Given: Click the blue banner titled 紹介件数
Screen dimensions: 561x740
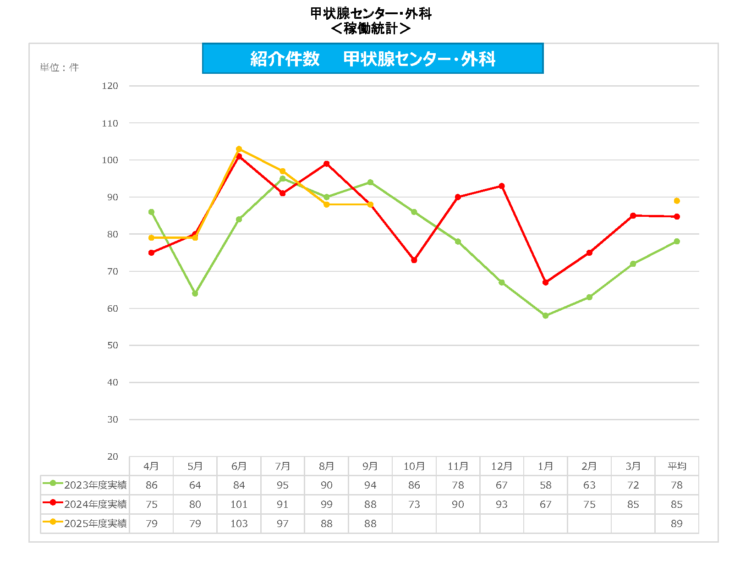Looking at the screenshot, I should pyautogui.click(x=373, y=59).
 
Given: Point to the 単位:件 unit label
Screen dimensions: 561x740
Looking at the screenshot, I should pyautogui.click(x=59, y=67).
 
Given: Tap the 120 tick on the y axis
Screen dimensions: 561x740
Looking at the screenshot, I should pyautogui.click(x=110, y=86).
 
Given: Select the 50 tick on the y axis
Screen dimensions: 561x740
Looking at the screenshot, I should pyautogui.click(x=112, y=345).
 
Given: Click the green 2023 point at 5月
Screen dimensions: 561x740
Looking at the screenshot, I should pyautogui.click(x=195, y=293).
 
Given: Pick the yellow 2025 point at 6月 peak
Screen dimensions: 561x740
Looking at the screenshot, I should pyautogui.click(x=239, y=149).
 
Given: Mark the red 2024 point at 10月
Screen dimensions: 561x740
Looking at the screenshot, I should pyautogui.click(x=414, y=260).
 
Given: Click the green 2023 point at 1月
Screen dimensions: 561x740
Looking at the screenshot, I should pyautogui.click(x=545, y=315).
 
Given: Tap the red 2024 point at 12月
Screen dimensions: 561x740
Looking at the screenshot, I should pyautogui.click(x=502, y=186).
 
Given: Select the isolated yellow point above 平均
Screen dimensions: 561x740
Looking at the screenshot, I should pyautogui.click(x=677, y=201).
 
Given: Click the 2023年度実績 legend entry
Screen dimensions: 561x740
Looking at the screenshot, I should pyautogui.click(x=85, y=485).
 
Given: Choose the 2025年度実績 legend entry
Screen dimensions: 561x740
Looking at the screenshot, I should pyautogui.click(x=85, y=523).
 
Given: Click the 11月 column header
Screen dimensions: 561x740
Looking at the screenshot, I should pyautogui.click(x=458, y=466).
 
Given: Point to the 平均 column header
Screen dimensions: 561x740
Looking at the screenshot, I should pyautogui.click(x=677, y=466).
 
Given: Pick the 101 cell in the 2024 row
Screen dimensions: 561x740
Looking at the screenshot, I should pyautogui.click(x=239, y=504).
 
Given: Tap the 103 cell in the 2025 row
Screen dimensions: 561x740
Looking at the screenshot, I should pyautogui.click(x=239, y=523).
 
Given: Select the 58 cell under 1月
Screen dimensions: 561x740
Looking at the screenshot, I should pyautogui.click(x=545, y=485).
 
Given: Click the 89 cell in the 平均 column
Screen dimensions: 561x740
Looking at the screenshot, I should pyautogui.click(x=677, y=523).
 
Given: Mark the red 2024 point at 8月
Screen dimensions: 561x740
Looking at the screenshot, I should pyautogui.click(x=327, y=164).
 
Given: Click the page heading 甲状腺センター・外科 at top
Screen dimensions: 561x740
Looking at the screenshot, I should pyautogui.click(x=371, y=13).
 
